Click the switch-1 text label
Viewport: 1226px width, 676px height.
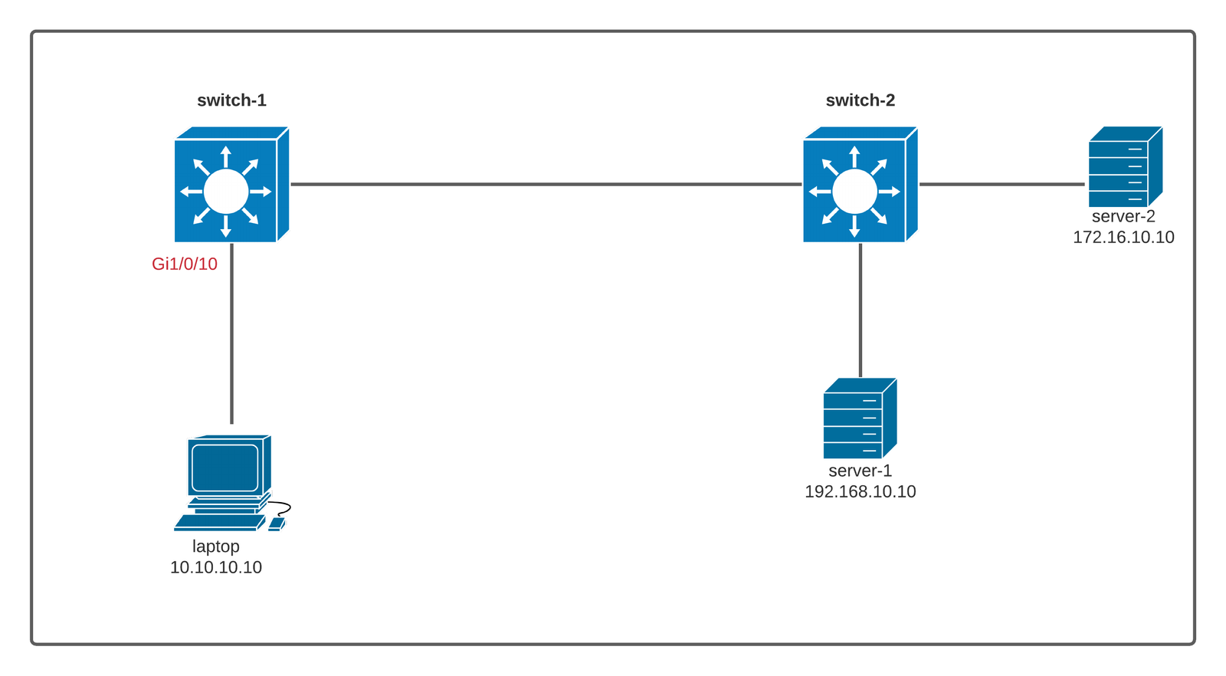[231, 100]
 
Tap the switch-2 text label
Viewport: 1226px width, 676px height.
[860, 100]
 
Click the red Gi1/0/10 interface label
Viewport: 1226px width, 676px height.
[185, 264]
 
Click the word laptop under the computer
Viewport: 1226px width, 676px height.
[216, 546]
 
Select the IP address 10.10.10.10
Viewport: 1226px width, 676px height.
[216, 567]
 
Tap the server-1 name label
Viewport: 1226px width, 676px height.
[860, 471]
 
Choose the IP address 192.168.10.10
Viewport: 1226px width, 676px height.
[860, 491]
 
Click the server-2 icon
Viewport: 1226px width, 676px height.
[1125, 166]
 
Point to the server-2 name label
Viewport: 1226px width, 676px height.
[1123, 217]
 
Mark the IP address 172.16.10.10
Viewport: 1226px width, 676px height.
[1123, 238]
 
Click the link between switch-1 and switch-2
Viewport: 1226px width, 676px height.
[546, 184]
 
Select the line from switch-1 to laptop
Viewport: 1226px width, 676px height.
[231, 337]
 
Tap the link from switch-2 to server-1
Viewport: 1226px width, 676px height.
[860, 310]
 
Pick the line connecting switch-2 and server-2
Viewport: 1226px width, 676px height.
[1002, 184]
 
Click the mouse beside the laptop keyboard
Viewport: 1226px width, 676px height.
[277, 524]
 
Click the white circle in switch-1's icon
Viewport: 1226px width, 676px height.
[226, 192]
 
